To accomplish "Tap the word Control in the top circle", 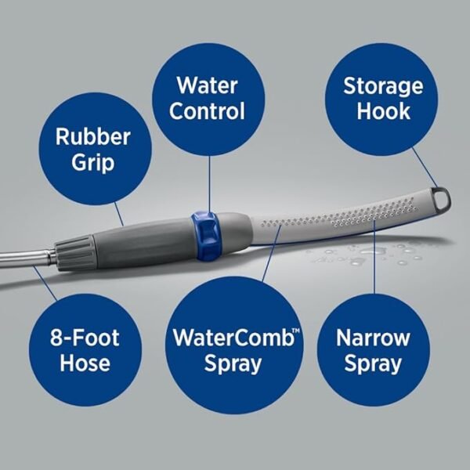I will pyautogui.click(x=207, y=110).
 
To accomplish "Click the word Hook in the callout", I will pyautogui.click(x=383, y=110).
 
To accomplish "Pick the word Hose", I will pyautogui.click(x=75, y=364).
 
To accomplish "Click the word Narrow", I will pyautogui.click(x=373, y=338).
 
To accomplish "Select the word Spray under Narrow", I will pyautogui.click(x=373, y=364).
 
